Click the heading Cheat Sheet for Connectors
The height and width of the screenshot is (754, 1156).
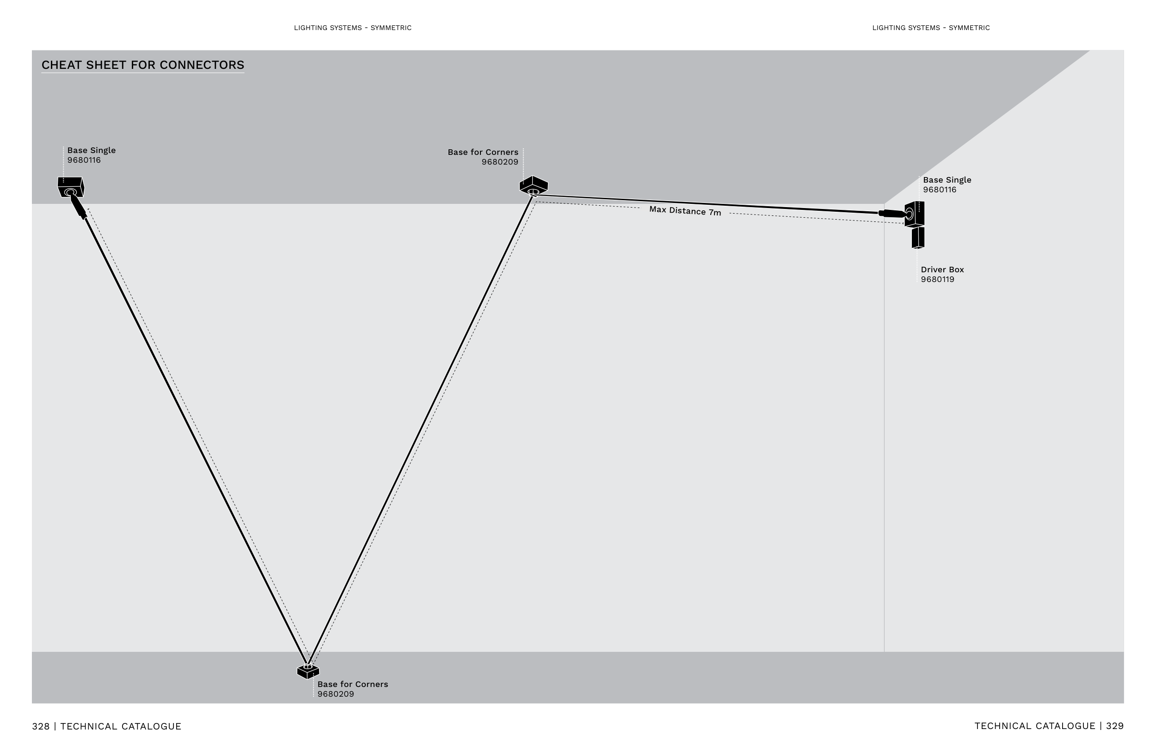pos(143,65)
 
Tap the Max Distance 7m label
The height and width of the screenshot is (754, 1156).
pos(685,211)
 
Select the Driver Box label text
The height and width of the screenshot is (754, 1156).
pos(942,270)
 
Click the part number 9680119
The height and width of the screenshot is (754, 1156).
pos(937,280)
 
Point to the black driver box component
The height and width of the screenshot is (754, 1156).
pos(917,238)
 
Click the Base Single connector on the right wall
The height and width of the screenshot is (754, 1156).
pos(914,214)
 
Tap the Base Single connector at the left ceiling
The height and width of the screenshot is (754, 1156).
pos(71,187)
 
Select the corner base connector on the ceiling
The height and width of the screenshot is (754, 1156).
pos(533,185)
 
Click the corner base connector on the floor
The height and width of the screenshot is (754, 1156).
pos(308,671)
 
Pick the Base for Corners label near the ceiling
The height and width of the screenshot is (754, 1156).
pos(483,153)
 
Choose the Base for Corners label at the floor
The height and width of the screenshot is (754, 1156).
pos(353,684)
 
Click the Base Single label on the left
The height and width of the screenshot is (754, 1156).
pos(91,151)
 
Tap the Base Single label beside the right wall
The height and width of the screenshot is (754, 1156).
pos(947,180)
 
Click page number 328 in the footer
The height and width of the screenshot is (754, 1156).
pos(41,726)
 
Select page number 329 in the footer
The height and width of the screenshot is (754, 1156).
pos(1115,726)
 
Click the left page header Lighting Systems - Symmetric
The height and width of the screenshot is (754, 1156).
pos(353,28)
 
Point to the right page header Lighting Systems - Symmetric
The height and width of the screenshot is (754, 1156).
pos(931,28)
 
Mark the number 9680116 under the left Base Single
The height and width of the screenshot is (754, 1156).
pos(84,160)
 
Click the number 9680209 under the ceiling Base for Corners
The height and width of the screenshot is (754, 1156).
pos(500,162)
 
